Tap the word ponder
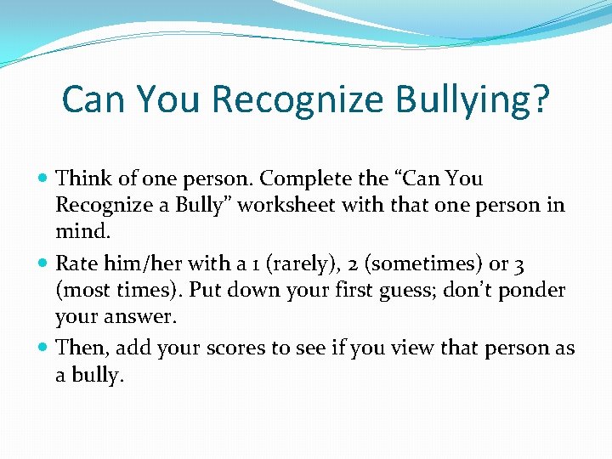(531, 291)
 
